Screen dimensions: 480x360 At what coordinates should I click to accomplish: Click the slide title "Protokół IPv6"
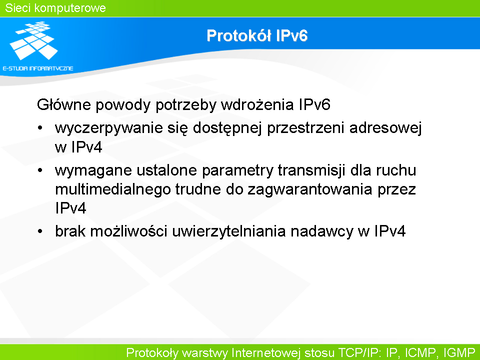click(x=257, y=35)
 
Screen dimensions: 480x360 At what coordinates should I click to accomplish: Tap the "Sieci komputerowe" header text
click(x=55, y=8)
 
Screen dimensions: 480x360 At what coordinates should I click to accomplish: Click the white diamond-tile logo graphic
click(x=34, y=40)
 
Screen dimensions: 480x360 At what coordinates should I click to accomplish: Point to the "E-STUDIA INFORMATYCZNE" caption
click(x=38, y=68)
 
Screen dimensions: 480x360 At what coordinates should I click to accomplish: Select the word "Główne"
click(x=63, y=104)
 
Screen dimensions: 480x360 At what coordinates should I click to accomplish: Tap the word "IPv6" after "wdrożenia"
click(x=314, y=104)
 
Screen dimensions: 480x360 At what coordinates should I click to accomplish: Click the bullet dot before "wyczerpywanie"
click(x=40, y=127)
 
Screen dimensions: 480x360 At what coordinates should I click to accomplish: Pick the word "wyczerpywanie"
click(x=108, y=128)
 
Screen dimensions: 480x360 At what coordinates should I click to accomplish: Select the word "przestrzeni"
click(x=306, y=128)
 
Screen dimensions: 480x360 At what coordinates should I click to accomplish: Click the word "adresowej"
click(x=385, y=128)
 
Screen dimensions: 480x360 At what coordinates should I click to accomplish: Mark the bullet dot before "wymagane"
click(x=40, y=170)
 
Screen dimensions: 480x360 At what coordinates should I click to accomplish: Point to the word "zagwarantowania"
click(x=310, y=189)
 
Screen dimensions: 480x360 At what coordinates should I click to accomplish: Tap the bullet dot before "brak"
click(x=40, y=231)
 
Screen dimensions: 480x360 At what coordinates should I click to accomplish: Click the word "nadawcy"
click(x=322, y=231)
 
